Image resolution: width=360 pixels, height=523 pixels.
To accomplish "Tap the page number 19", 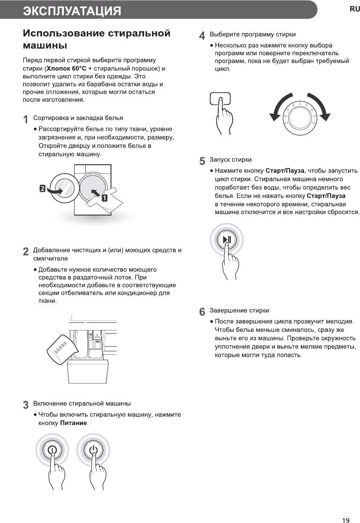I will (x=346, y=508).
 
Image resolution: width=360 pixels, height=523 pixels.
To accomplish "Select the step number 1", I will (x=26, y=119).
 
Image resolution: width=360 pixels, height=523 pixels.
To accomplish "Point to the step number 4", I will (x=202, y=36).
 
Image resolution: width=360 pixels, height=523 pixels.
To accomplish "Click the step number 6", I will (x=202, y=312).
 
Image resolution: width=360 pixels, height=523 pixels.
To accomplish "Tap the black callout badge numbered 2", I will (x=42, y=188).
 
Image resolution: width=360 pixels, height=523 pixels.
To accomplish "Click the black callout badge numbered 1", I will (x=104, y=197).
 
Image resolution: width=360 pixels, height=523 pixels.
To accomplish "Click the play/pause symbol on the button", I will (x=227, y=240).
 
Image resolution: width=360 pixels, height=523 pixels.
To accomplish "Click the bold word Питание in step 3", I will (x=74, y=423).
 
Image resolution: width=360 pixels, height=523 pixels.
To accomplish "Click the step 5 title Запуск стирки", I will (x=230, y=160).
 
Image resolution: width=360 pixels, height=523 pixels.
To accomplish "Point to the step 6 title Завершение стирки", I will (x=239, y=310).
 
